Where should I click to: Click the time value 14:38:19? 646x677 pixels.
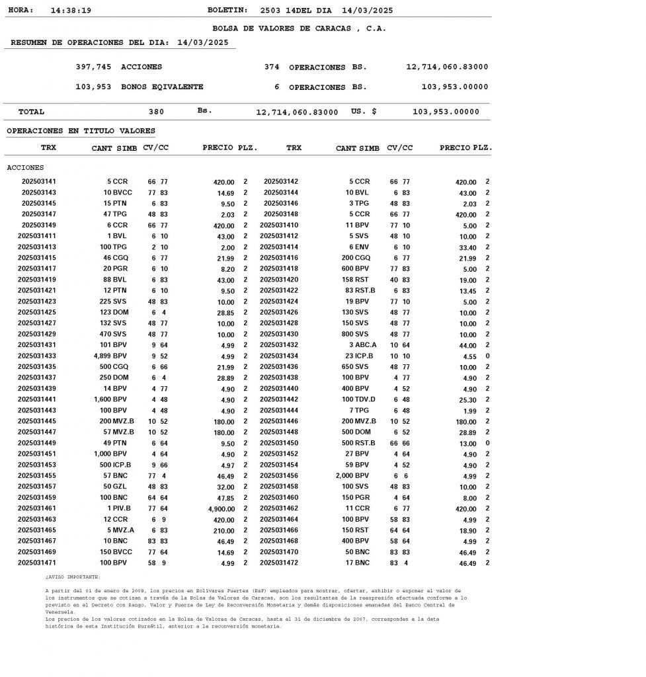tap(71, 11)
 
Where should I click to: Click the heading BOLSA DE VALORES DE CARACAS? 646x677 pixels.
tap(299, 28)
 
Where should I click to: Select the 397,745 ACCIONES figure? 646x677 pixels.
tap(94, 67)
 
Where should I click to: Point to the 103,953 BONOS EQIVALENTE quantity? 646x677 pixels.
tap(94, 87)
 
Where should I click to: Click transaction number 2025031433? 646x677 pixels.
tap(36, 356)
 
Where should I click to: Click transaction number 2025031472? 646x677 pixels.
tap(279, 563)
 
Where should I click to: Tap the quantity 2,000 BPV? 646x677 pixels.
tap(352, 475)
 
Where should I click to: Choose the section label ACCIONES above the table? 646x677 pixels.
tap(25, 167)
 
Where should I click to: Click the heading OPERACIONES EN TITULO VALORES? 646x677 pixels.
tap(81, 131)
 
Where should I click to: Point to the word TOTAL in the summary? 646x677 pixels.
tap(32, 112)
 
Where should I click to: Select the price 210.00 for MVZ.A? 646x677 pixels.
tap(223, 531)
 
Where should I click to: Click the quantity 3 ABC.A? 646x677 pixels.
tap(362, 345)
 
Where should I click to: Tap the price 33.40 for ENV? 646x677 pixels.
tap(467, 247)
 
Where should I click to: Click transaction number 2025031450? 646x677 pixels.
tap(279, 443)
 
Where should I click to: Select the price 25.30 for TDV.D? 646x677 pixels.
tap(467, 400)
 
